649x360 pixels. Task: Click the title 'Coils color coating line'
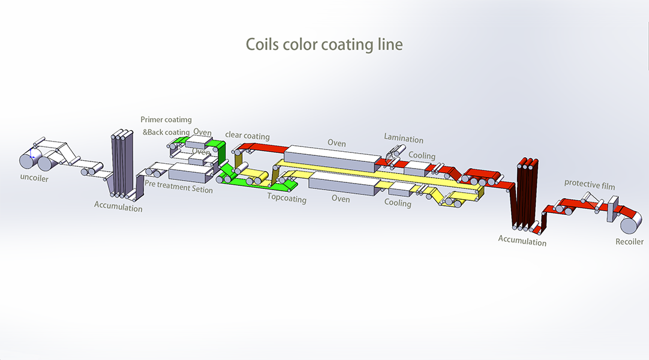(x=324, y=45)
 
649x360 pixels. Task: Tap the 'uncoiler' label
(x=34, y=178)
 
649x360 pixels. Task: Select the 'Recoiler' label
(x=629, y=242)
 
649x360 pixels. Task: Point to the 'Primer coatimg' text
(x=166, y=120)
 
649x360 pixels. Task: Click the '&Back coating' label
(x=166, y=132)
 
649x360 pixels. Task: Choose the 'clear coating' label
(x=247, y=136)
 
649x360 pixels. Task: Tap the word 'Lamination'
(x=404, y=139)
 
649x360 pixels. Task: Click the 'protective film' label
(x=590, y=186)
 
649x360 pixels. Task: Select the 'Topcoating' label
(x=287, y=199)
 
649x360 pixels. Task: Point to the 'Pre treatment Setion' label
(x=179, y=190)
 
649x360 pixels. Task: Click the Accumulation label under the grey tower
(x=118, y=207)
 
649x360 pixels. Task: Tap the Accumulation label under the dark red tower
(x=522, y=241)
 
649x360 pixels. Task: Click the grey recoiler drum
(x=631, y=225)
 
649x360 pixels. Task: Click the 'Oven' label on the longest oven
(x=336, y=143)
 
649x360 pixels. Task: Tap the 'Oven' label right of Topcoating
(x=341, y=199)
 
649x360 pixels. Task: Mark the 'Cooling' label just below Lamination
(x=422, y=155)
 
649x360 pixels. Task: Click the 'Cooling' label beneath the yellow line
(x=398, y=203)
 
